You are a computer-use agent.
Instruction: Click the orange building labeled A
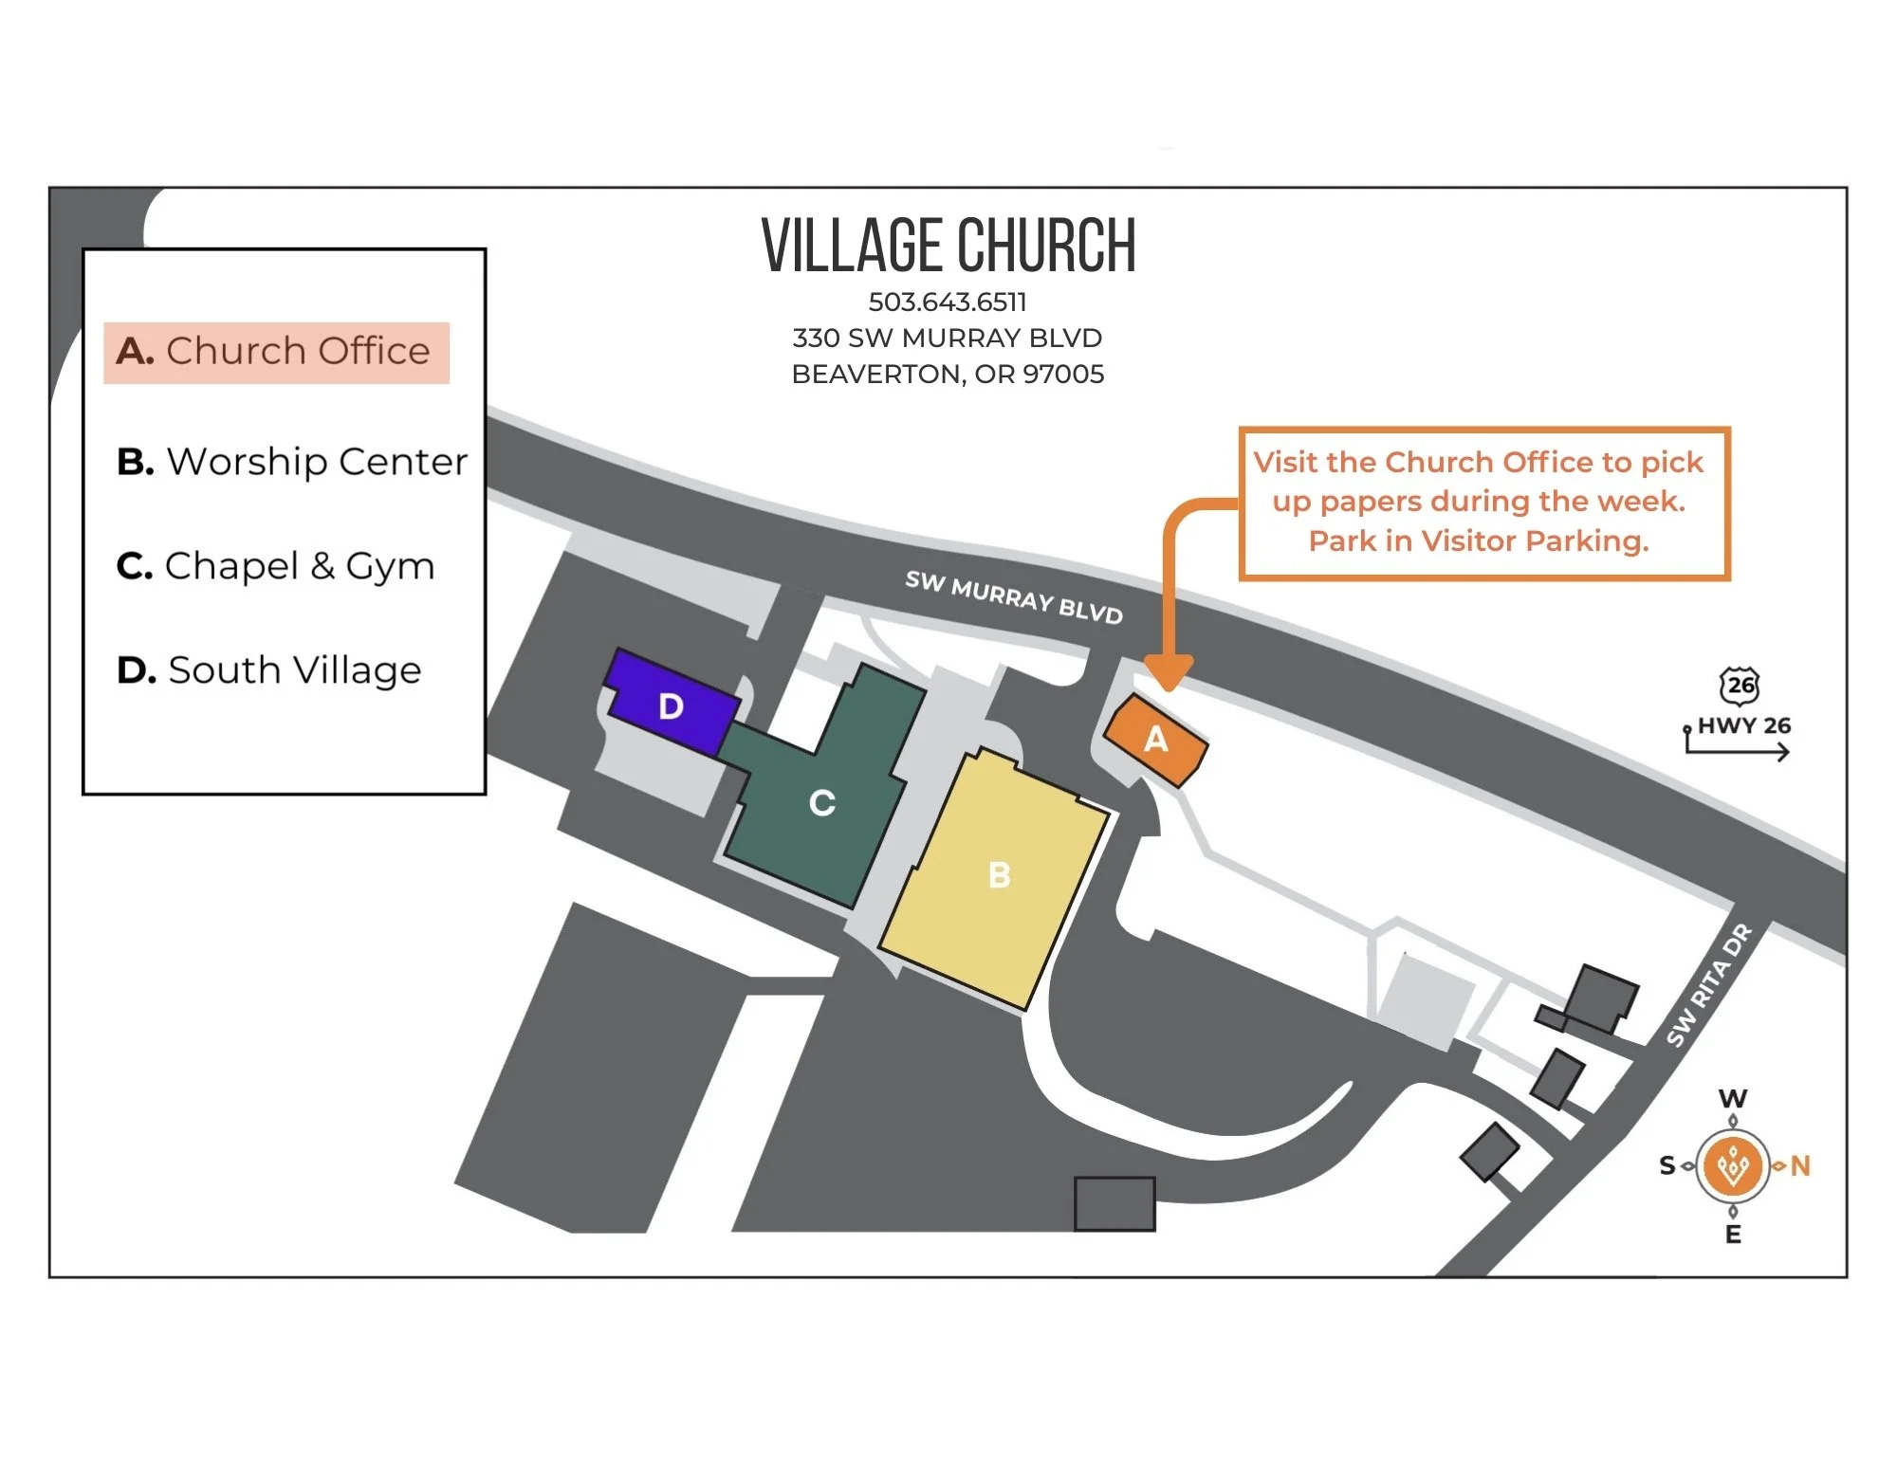[x=1155, y=740]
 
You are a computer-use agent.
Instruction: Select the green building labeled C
[x=821, y=802]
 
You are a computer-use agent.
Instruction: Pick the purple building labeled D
[x=672, y=704]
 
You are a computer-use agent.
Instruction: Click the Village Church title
[x=948, y=246]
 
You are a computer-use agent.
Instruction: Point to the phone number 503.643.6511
[x=948, y=302]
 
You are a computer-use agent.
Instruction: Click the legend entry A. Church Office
[x=275, y=352]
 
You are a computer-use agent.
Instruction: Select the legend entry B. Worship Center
[x=291, y=462]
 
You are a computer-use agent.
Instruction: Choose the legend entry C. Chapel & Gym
[x=275, y=566]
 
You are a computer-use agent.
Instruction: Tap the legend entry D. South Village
[x=268, y=670]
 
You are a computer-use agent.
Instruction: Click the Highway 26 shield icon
[x=1740, y=685]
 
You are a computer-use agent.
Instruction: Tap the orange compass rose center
[x=1733, y=1165]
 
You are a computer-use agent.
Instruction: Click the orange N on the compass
[x=1800, y=1165]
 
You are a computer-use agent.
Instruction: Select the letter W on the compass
[x=1733, y=1098]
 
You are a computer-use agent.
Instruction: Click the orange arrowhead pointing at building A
[x=1169, y=673]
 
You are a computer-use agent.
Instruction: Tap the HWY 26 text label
[x=1744, y=725]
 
